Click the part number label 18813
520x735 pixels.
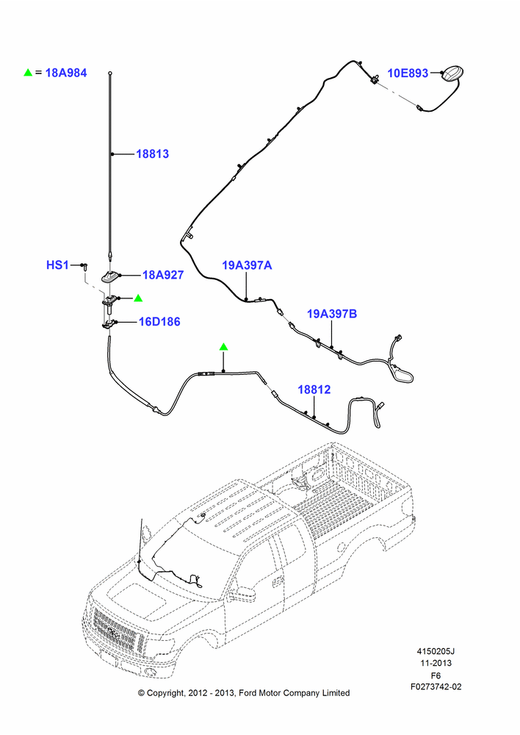(152, 154)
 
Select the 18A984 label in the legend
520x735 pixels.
(66, 73)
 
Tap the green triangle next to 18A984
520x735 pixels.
(28, 73)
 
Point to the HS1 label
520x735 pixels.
(57, 265)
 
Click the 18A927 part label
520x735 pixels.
(163, 275)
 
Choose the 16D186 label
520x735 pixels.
(159, 322)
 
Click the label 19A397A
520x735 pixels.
(247, 265)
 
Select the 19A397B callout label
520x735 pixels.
(332, 314)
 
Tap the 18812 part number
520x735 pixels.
(314, 390)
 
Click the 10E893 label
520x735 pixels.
(408, 73)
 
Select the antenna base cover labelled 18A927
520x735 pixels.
(110, 276)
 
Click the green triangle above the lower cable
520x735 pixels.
(224, 346)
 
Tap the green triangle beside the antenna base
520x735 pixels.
(138, 298)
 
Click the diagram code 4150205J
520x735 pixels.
(436, 651)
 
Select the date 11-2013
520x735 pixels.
(436, 663)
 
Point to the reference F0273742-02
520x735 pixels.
(436, 686)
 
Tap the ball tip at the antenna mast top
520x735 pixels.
(110, 73)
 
